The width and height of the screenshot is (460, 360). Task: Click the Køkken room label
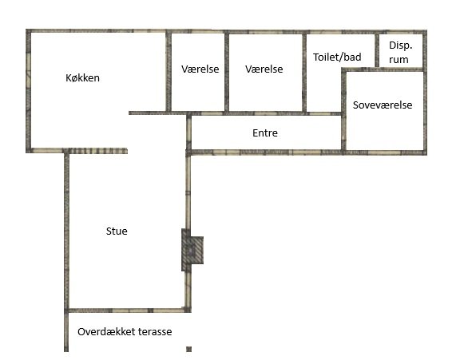tap(82, 78)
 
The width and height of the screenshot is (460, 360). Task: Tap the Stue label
tap(117, 231)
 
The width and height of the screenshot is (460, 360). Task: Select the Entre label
tap(265, 133)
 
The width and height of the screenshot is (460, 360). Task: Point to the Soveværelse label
tap(383, 105)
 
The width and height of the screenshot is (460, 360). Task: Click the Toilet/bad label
tap(337, 57)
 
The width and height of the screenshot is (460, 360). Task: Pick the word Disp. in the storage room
tap(401, 45)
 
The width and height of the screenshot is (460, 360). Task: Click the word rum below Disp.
tap(399, 60)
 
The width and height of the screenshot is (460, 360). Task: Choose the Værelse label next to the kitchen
tap(200, 69)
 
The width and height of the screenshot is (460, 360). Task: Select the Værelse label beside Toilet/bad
tap(264, 69)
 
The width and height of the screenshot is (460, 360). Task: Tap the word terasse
tap(155, 332)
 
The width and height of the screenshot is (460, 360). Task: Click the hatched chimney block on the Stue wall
tap(192, 250)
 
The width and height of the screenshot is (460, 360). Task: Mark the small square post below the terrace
tap(189, 349)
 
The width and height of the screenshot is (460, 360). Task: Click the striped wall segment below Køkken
tap(96, 151)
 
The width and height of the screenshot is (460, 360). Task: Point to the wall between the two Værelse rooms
tap(227, 72)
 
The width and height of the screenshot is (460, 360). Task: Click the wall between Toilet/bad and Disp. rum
tap(377, 50)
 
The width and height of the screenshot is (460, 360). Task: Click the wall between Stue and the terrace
tap(127, 311)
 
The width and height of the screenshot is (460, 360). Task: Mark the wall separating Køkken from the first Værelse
tap(169, 72)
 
